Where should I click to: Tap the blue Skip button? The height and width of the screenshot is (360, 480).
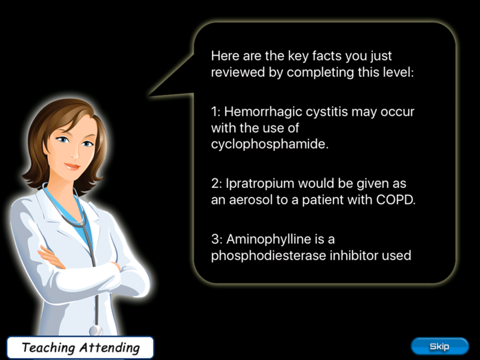pos(440,346)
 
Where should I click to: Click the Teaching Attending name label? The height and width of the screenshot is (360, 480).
pos(80,348)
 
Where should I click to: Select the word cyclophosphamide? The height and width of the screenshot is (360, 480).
pos(261,144)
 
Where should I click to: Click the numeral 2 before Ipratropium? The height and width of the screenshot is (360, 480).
pos(214,184)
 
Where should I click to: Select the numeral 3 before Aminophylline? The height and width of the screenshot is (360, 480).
pos(214,239)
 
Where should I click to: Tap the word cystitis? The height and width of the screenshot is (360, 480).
pos(326,111)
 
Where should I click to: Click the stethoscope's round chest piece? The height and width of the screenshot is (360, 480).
pos(97,328)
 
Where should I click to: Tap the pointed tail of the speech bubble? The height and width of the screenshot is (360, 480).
pos(152,94)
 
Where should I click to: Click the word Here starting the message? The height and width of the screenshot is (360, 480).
pos(225,56)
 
